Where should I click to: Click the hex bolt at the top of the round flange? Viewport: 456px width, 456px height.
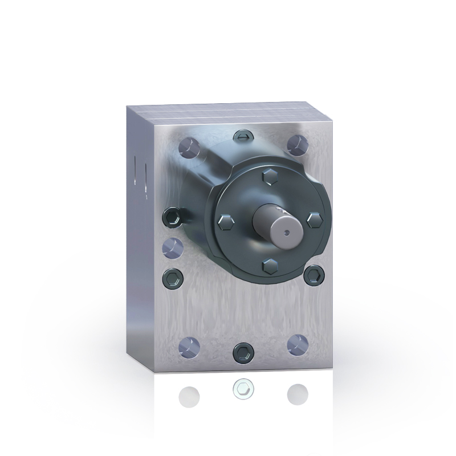tap(268, 177)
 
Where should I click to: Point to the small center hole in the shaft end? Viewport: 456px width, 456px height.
tap(286, 231)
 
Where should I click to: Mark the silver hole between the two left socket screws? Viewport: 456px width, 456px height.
tap(173, 247)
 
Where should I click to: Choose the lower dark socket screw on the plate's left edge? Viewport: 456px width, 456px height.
tap(172, 279)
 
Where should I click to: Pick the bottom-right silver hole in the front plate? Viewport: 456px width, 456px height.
tap(298, 344)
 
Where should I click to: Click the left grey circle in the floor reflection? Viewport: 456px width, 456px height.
tap(189, 394)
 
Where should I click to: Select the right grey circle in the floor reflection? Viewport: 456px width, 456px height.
tap(297, 393)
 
